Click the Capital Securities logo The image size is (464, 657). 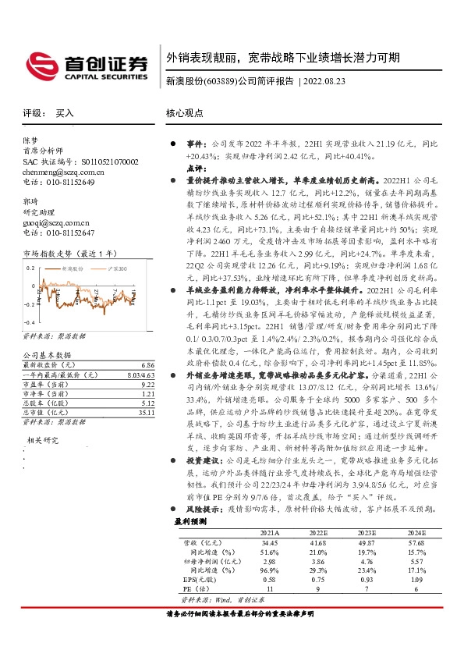point(87,66)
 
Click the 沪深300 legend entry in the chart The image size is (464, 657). point(118,268)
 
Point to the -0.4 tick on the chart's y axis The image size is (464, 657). point(30,321)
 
